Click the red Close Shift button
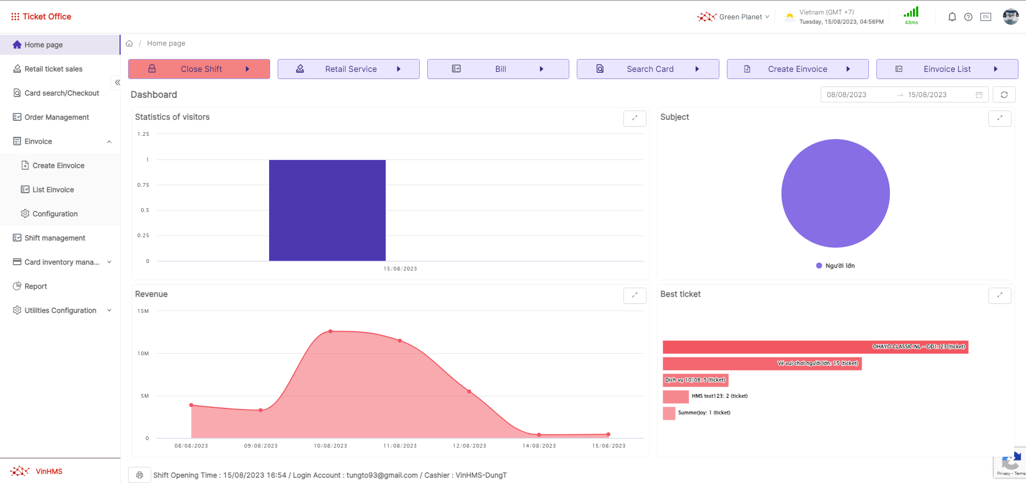pyautogui.click(x=199, y=69)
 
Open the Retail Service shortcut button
pyautogui.click(x=348, y=69)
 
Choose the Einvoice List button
pyautogui.click(x=947, y=69)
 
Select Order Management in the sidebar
pyautogui.click(x=56, y=117)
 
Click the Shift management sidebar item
pyautogui.click(x=55, y=238)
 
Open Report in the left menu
pyautogui.click(x=35, y=286)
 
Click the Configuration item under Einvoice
pyautogui.click(x=55, y=214)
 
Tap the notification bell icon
pyautogui.click(x=952, y=17)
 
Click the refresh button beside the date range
pyautogui.click(x=1004, y=95)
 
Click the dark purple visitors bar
pyautogui.click(x=327, y=210)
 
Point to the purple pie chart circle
pyautogui.click(x=835, y=193)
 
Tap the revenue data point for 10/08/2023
pyautogui.click(x=331, y=332)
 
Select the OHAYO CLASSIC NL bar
pyautogui.click(x=815, y=347)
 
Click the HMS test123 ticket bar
pyautogui.click(x=675, y=397)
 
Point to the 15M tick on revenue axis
pyautogui.click(x=143, y=311)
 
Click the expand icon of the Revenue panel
pyautogui.click(x=635, y=295)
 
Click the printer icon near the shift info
pyautogui.click(x=139, y=475)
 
